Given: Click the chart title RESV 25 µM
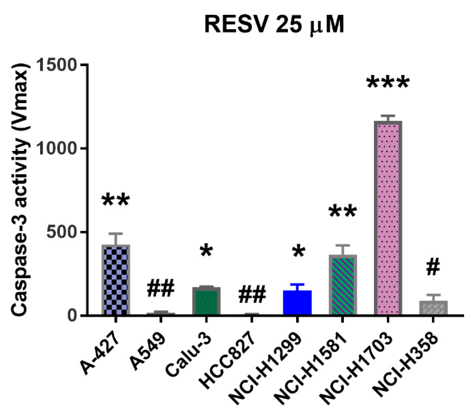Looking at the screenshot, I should coord(274,25).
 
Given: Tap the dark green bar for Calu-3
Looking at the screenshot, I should coord(206,301).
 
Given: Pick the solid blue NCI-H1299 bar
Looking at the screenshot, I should coord(297,302).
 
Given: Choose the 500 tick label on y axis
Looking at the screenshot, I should coord(61,232).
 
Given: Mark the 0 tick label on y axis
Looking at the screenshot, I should coord(72,315).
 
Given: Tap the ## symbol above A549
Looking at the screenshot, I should coord(161,289).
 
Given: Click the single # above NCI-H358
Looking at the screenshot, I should coord(433,268).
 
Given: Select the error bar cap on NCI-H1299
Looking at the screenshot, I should coord(297,284).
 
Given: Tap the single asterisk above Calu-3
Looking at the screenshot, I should coord(206,251).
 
